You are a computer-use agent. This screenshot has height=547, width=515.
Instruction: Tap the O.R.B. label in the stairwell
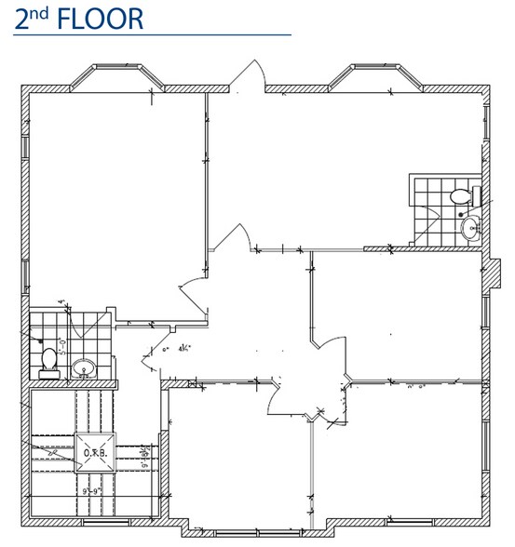pos(97,453)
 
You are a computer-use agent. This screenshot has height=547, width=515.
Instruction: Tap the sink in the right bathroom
pos(469,227)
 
